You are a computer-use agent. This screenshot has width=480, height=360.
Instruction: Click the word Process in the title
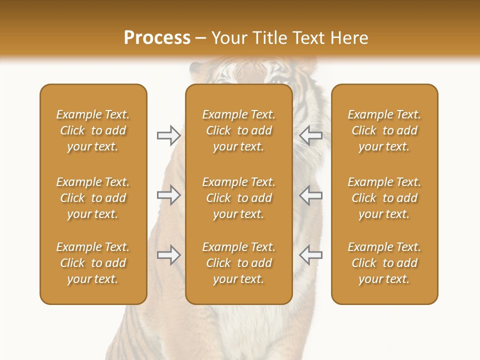[157, 38]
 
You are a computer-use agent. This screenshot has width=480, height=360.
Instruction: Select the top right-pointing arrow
[168, 135]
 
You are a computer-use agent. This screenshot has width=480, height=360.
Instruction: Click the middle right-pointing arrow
[168, 195]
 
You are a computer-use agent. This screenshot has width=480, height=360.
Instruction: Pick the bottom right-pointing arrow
[168, 255]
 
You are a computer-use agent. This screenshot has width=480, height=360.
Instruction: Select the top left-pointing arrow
[311, 135]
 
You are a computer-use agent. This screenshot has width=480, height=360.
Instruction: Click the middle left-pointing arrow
[311, 195]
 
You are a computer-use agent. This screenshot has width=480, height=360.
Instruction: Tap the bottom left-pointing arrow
[311, 255]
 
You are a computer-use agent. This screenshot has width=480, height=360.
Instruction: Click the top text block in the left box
[93, 130]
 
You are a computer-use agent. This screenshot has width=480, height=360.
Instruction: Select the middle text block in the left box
[93, 198]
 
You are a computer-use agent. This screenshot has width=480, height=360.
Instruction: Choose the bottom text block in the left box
[93, 263]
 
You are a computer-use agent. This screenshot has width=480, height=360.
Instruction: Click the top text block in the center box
[238, 130]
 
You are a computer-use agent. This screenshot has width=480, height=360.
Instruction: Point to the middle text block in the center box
[238, 198]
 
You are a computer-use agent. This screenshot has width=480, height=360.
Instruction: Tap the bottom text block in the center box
[238, 263]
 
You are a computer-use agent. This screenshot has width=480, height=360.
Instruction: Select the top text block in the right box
[384, 130]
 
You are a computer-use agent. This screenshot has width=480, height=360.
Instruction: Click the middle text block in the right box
[384, 198]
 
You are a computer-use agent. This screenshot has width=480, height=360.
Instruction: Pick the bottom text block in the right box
[384, 263]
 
